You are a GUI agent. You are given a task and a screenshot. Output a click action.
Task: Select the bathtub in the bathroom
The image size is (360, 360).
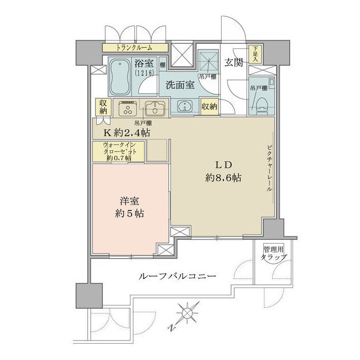coord(119,77)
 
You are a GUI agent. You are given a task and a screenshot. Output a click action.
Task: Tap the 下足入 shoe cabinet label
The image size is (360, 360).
coord(256,55)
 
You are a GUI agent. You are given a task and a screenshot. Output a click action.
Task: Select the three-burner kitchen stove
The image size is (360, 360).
coord(128,107)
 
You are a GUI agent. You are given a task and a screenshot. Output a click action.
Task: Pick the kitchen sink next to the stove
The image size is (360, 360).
coord(153,107)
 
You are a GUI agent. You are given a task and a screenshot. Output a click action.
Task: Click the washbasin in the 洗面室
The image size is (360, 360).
coord(184,106)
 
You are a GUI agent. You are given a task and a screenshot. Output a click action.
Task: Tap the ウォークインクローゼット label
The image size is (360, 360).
coord(119,152)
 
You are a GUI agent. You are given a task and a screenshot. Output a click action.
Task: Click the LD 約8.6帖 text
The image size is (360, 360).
coord(222,172)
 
